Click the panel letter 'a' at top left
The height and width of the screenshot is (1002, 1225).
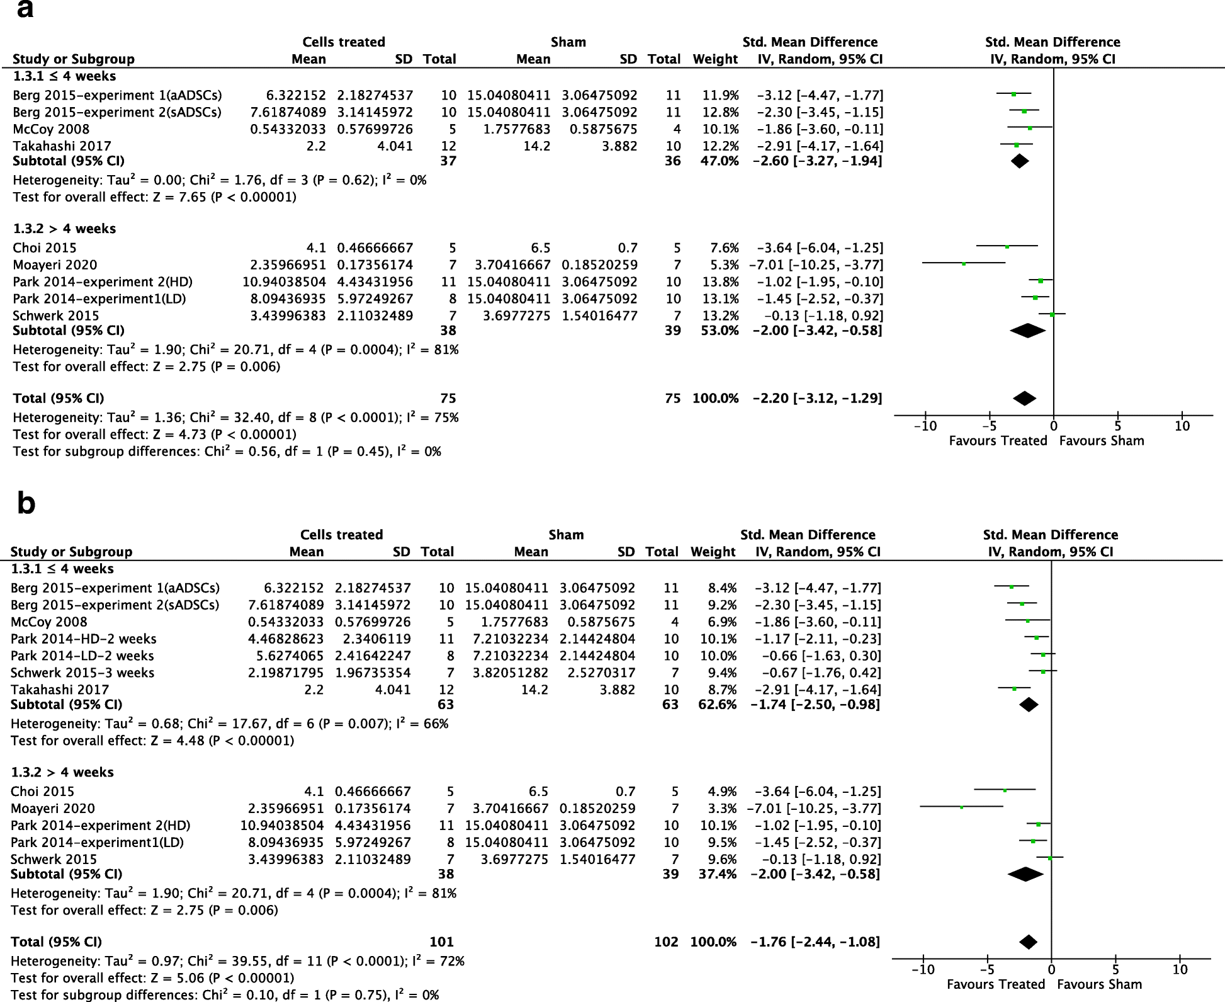25,10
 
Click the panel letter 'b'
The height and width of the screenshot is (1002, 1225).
26,503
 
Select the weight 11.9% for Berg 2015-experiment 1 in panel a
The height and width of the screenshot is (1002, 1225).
720,95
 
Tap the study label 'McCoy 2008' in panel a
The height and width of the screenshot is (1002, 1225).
51,129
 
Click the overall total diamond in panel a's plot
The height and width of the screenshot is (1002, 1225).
1024,398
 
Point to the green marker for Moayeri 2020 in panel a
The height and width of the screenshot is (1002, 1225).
964,264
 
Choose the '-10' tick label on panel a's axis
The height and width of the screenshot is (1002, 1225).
925,426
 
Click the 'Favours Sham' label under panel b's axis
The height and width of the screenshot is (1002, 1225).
1099,984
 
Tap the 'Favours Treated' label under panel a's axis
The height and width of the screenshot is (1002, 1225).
998,441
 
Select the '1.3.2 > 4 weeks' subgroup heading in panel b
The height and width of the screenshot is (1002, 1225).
62,772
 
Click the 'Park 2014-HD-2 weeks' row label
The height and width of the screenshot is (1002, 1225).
84,639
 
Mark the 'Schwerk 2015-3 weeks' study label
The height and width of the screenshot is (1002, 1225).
82,673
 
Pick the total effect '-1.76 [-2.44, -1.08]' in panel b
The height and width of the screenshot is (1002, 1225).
815,942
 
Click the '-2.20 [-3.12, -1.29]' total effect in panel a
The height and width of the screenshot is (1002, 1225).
817,398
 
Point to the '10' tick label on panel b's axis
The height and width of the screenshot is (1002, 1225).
1180,969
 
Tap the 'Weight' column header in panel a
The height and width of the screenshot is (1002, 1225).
715,59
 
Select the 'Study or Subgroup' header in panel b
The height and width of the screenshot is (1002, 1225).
71,552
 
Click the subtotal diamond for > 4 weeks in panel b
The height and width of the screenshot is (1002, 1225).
1025,874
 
